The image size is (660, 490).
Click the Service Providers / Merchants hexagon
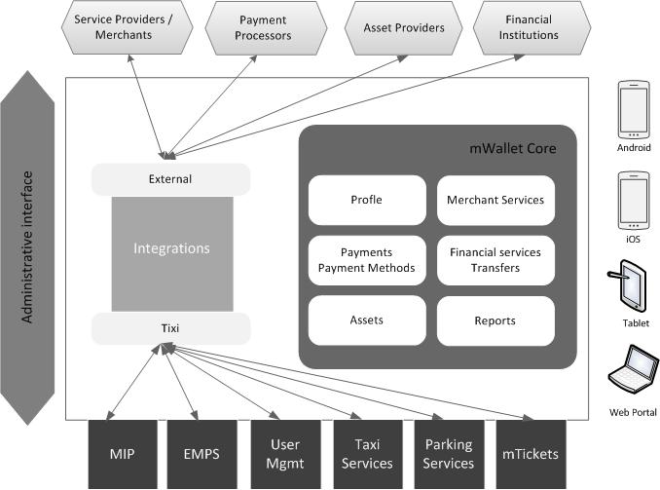(x=123, y=27)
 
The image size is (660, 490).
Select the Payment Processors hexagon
(x=263, y=27)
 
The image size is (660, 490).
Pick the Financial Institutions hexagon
(x=529, y=27)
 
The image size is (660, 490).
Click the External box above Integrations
(x=170, y=179)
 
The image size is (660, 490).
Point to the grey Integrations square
(x=171, y=249)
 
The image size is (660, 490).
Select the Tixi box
(x=170, y=329)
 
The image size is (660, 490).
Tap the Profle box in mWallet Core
(x=366, y=200)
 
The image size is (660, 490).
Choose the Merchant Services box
(x=495, y=200)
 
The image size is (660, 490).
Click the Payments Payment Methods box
(x=366, y=260)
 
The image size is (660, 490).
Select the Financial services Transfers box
(x=495, y=260)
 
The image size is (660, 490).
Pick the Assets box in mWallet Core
(x=366, y=320)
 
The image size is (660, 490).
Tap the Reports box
(x=495, y=320)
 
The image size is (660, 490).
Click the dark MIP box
(x=122, y=454)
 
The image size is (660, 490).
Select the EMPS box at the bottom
(x=201, y=454)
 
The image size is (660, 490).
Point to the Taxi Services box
(x=367, y=454)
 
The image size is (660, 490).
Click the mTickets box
(x=532, y=454)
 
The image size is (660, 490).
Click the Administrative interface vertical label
(x=28, y=247)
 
